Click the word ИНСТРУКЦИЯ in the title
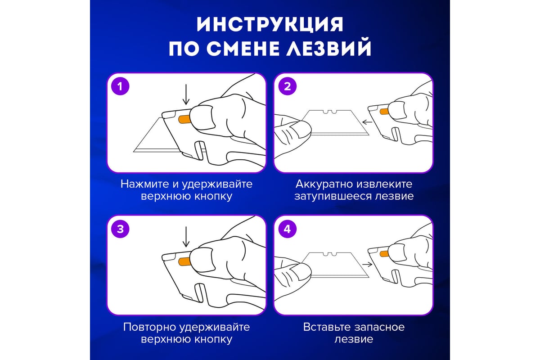(x=270, y=24)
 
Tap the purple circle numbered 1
(x=120, y=86)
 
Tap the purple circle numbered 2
(x=288, y=86)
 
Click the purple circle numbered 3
(x=120, y=229)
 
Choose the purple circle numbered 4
(x=288, y=229)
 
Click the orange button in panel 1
(x=184, y=119)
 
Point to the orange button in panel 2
(x=384, y=112)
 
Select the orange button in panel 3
(x=184, y=261)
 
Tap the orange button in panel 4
(x=384, y=254)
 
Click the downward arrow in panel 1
(x=186, y=94)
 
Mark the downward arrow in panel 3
(x=186, y=237)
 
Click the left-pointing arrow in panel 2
(x=367, y=122)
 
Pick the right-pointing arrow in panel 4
(x=367, y=265)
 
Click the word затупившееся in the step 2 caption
(x=333, y=196)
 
